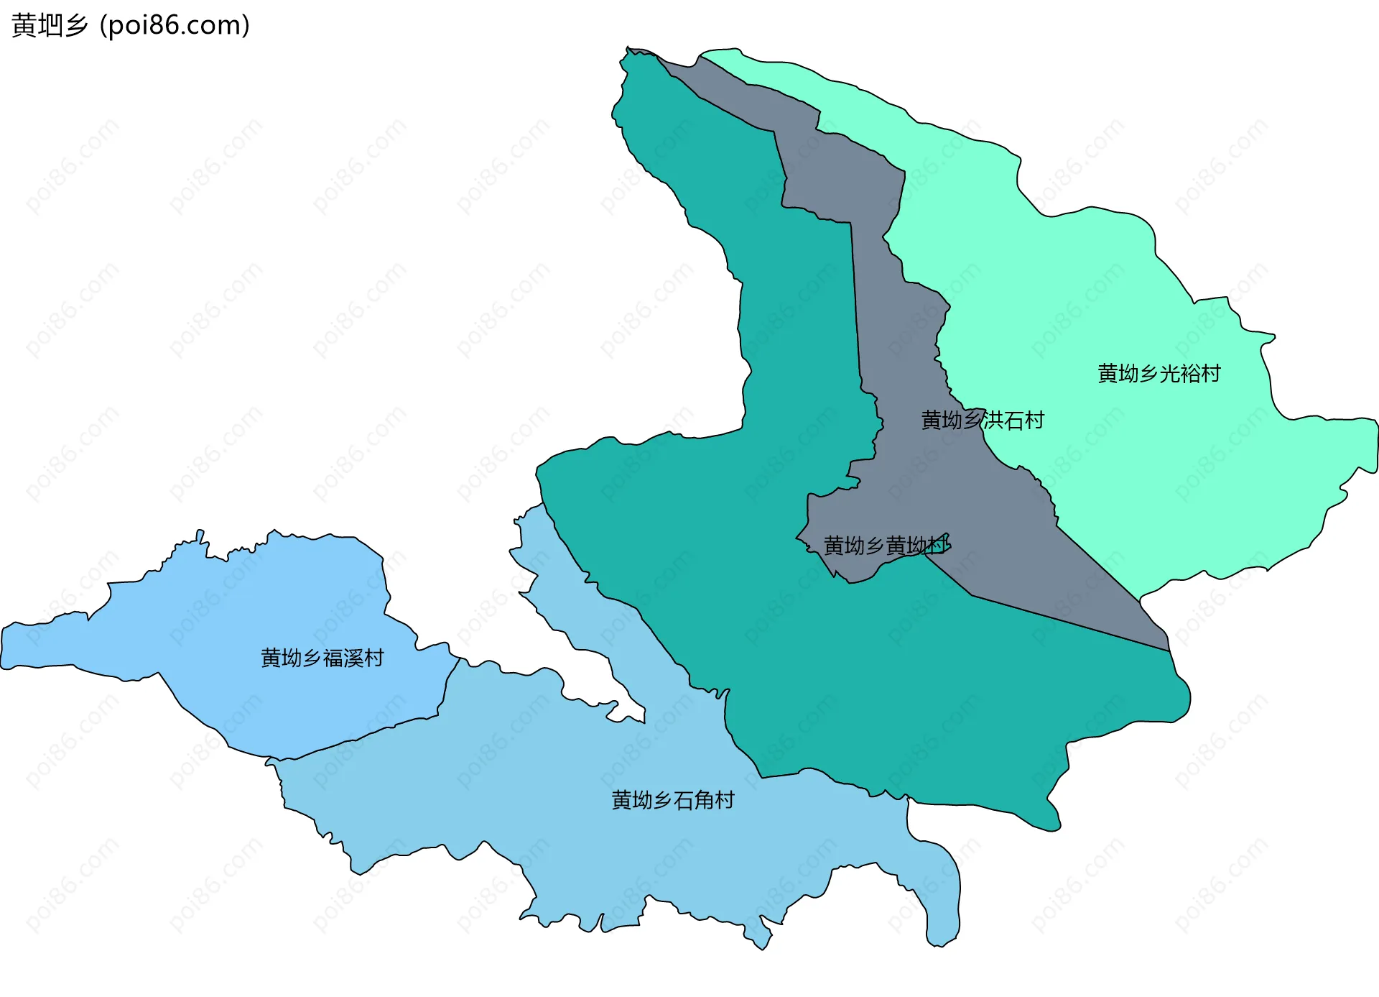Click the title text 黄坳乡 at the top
tap(50, 26)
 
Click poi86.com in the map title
tap(175, 26)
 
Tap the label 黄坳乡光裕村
tap(1159, 374)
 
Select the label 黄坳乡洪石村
tap(982, 421)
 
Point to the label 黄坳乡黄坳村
tap(886, 546)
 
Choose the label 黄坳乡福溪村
tap(322, 658)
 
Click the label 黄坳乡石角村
tap(672, 800)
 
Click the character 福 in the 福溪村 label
tap(333, 658)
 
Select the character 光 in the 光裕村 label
tap(1169, 374)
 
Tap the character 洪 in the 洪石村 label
tap(993, 421)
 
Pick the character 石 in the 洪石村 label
tap(1013, 421)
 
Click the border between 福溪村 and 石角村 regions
tap(373, 734)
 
